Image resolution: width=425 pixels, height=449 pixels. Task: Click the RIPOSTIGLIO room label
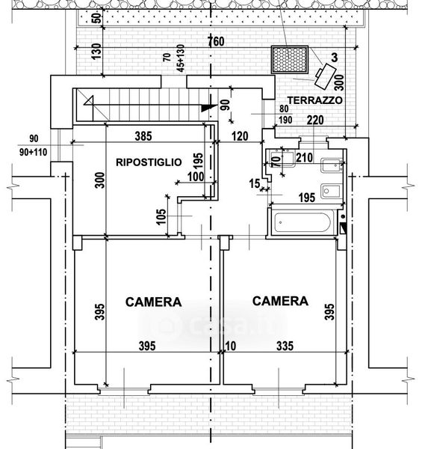[149, 162]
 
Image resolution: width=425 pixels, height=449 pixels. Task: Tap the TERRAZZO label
[315, 100]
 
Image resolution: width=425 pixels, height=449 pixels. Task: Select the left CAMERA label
[153, 302]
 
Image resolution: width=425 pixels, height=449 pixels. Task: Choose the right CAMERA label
[280, 301]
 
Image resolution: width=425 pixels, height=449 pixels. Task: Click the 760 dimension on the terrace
[217, 41]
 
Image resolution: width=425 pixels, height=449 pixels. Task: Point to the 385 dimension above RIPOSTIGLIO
[143, 136]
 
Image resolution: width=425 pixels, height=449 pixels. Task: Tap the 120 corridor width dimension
[240, 136]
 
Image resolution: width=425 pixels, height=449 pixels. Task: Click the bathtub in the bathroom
[303, 222]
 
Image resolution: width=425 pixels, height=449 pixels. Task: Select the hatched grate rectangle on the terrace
[290, 60]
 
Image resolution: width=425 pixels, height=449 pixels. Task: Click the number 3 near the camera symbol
[334, 58]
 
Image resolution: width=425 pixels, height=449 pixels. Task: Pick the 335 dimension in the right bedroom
[285, 346]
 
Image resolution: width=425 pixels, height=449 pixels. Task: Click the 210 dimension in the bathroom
[304, 157]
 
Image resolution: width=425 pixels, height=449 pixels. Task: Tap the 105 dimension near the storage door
[161, 217]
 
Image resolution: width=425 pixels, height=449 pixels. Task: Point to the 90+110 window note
[33, 152]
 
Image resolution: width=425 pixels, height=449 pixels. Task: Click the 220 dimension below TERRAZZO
[315, 120]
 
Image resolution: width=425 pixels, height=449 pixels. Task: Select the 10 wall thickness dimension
[230, 346]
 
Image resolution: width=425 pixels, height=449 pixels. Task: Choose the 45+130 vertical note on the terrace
[181, 58]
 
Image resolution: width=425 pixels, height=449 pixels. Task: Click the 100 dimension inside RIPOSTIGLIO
[196, 177]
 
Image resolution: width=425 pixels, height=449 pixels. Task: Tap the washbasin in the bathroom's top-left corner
[282, 159]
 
